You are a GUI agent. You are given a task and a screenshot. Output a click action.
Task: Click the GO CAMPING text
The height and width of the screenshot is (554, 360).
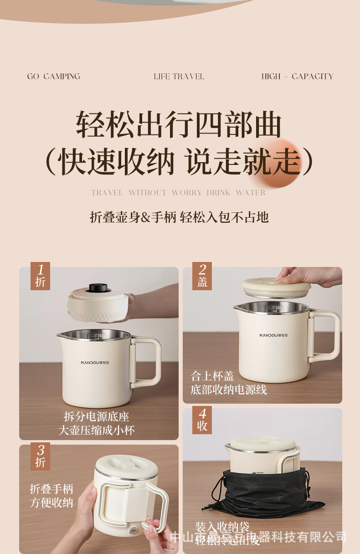point(53,77)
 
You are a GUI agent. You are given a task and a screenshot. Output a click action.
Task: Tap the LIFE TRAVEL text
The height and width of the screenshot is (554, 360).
point(179,77)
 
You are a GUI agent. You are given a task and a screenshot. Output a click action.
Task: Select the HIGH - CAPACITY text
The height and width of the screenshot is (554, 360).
point(297,77)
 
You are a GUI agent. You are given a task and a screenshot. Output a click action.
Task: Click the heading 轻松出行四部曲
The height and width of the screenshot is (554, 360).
point(179,124)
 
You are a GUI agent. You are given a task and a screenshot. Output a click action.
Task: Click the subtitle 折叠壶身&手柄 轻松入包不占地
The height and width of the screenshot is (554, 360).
point(179,217)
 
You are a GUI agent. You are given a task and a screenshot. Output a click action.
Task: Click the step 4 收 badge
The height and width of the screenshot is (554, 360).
point(202,420)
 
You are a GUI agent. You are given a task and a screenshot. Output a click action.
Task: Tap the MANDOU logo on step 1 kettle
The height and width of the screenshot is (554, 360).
point(95,363)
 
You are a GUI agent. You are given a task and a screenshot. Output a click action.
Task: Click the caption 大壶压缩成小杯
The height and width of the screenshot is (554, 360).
point(97,430)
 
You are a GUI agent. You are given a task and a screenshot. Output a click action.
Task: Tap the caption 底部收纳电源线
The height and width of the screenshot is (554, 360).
point(229,390)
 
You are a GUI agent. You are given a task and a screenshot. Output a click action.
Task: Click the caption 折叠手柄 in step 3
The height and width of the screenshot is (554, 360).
point(51,489)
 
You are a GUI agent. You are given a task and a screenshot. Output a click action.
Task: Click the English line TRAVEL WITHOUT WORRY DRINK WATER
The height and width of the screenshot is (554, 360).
point(178,193)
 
